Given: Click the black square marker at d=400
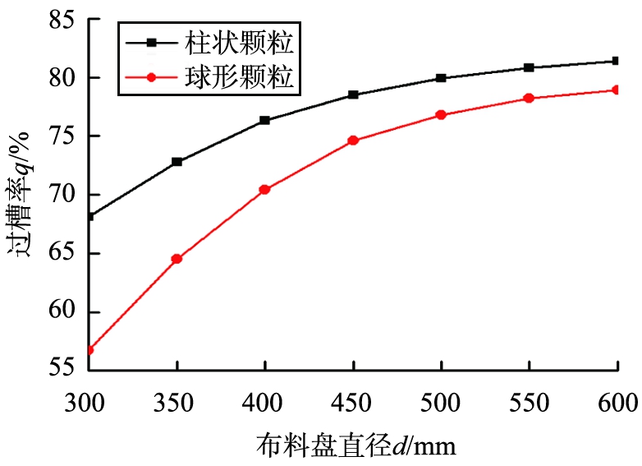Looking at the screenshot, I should [x=264, y=120].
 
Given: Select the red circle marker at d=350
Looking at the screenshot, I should [x=177, y=259].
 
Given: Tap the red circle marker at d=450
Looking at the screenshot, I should [x=353, y=141].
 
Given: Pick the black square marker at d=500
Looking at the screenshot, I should [x=441, y=78].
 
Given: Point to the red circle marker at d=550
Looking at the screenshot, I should [x=530, y=98].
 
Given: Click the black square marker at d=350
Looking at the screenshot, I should [x=177, y=162].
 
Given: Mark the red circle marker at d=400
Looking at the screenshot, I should [x=264, y=189].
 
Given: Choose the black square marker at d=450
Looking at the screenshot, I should [x=353, y=95].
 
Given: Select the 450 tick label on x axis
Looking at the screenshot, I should [x=353, y=402].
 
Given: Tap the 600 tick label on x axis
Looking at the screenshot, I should [x=617, y=402].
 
